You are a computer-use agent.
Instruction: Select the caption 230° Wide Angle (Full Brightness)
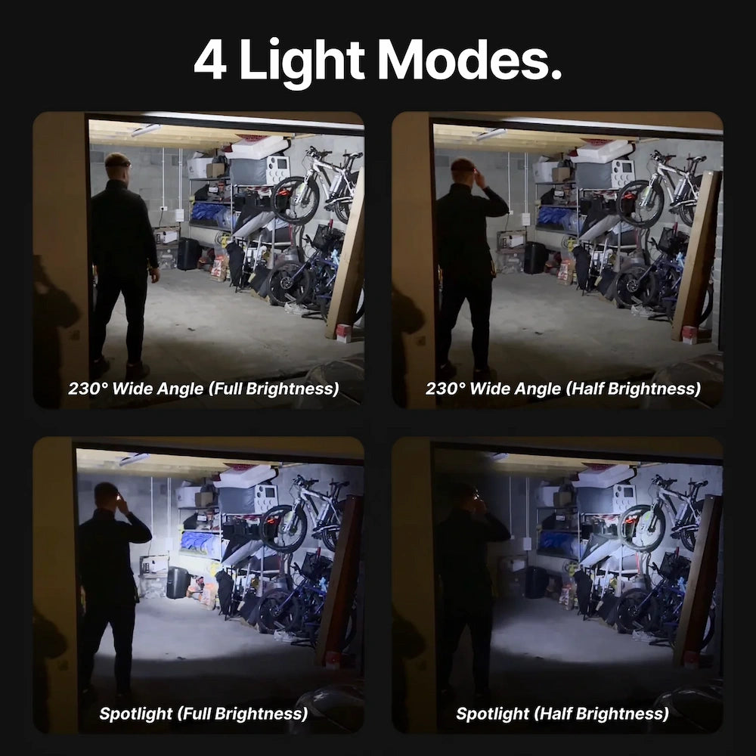click(x=203, y=389)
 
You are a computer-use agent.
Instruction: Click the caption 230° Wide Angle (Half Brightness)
click(x=562, y=389)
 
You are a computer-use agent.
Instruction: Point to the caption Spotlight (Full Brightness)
click(x=203, y=714)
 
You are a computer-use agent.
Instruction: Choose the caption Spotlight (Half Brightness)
click(x=562, y=714)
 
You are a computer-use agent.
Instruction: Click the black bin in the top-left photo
click(x=188, y=254)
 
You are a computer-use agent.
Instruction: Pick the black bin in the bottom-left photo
click(x=178, y=582)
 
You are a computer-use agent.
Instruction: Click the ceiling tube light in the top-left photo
click(x=146, y=130)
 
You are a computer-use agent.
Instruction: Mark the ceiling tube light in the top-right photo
click(x=491, y=134)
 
